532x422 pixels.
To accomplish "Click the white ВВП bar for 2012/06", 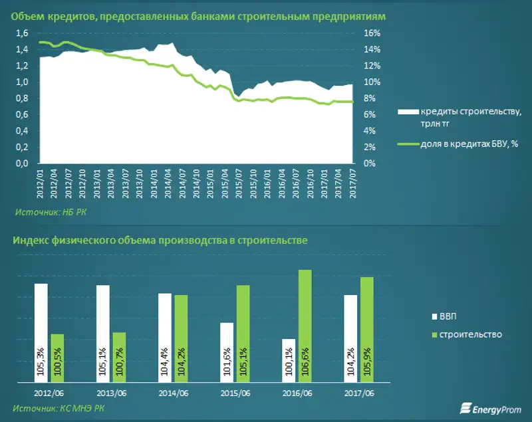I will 41,332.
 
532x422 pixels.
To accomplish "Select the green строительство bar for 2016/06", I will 305,326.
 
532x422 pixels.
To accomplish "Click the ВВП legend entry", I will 448,316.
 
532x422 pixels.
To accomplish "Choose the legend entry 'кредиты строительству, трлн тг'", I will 459,118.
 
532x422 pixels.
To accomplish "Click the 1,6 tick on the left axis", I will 22,33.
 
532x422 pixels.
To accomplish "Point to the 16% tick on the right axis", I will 372,33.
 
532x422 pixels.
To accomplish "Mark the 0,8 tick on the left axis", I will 22,98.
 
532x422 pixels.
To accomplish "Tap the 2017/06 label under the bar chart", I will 358,393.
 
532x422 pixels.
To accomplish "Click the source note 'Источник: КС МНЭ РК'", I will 59,407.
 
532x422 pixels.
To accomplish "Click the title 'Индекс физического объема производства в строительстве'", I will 160,240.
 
